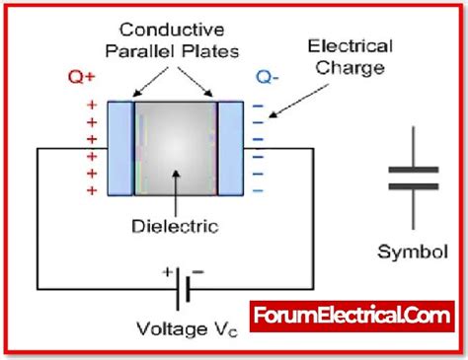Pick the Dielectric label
coord(175,226)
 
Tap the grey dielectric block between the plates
coord(175,149)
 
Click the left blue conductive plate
coord(120,149)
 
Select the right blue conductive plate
coord(230,149)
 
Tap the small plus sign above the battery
coord(167,269)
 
